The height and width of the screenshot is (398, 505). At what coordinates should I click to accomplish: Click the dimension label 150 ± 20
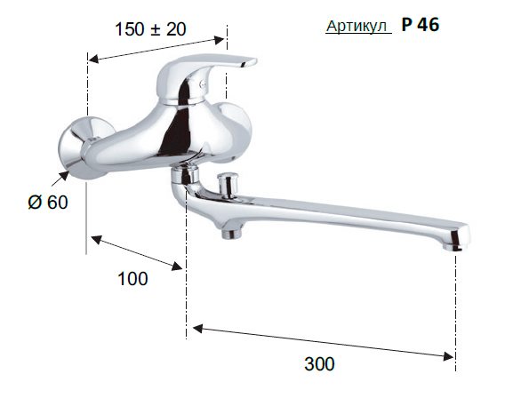pos(150,29)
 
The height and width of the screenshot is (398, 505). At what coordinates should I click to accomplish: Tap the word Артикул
pos(357,26)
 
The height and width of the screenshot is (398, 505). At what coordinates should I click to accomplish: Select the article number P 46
pos(421,25)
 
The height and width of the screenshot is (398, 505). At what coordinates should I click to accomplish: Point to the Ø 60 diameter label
pos(48,203)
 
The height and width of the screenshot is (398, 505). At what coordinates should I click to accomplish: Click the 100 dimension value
pos(132,279)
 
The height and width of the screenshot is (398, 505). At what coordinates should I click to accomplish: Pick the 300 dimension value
pos(319,364)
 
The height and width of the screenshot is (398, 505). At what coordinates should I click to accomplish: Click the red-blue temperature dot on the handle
pos(202,84)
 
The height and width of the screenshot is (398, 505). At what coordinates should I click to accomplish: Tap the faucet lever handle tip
pos(250,62)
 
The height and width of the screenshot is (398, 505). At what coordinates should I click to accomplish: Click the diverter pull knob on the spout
pos(228,185)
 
